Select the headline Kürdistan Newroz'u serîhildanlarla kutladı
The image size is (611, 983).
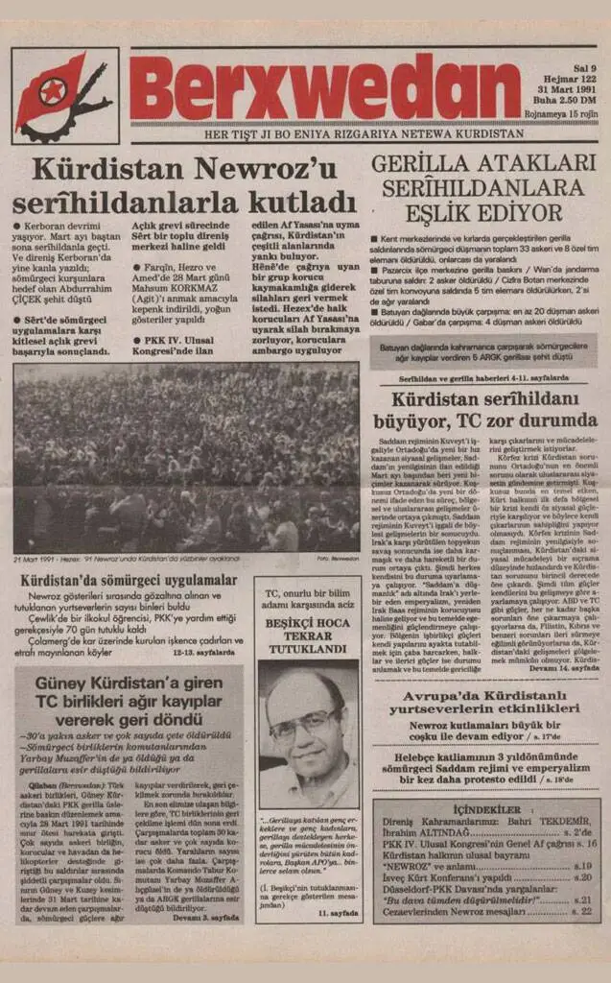[184, 186]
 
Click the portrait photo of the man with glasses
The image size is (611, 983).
[308, 732]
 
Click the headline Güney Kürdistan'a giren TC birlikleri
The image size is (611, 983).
[128, 705]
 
